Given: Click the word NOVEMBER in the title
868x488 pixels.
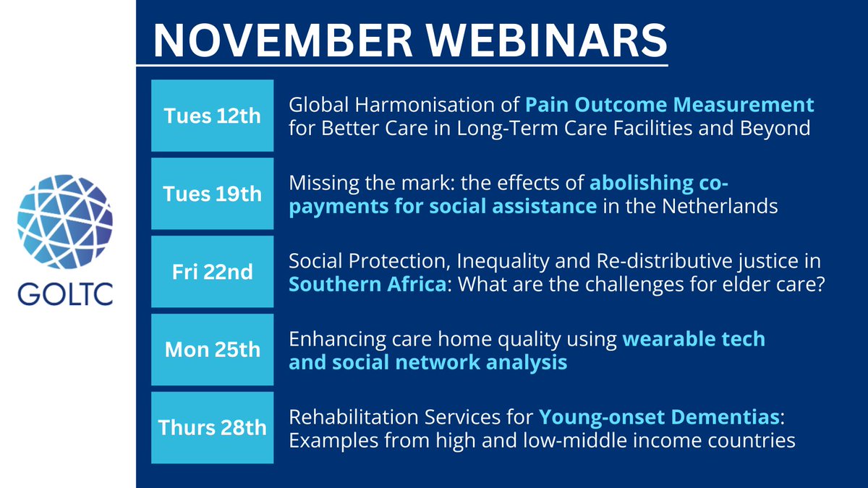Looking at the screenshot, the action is click(283, 40).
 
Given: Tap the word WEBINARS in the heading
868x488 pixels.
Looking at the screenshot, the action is click(547, 40).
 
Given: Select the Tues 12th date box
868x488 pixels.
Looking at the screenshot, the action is click(213, 116).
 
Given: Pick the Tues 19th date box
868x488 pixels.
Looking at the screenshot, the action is click(213, 194).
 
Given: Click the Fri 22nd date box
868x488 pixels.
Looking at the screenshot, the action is click(213, 272).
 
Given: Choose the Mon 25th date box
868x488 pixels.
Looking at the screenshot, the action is click(213, 349).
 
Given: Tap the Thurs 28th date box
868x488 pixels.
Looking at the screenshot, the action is click(213, 427).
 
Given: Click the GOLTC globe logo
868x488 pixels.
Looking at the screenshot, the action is click(65, 221).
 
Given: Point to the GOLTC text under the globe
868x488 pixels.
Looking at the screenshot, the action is click(65, 294).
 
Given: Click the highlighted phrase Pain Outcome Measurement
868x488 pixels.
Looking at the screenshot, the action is click(669, 105).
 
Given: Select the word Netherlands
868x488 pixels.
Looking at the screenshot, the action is click(720, 206).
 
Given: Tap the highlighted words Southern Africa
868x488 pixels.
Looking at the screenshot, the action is click(367, 284).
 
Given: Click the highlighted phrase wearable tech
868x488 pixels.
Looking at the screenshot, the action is click(694, 339).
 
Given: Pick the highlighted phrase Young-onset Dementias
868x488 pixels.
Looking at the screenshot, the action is click(659, 417).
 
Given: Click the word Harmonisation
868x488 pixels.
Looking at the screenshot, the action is click(437, 105).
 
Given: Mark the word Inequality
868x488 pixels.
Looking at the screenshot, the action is click(503, 262).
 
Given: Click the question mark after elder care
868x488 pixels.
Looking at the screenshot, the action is click(820, 284).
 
